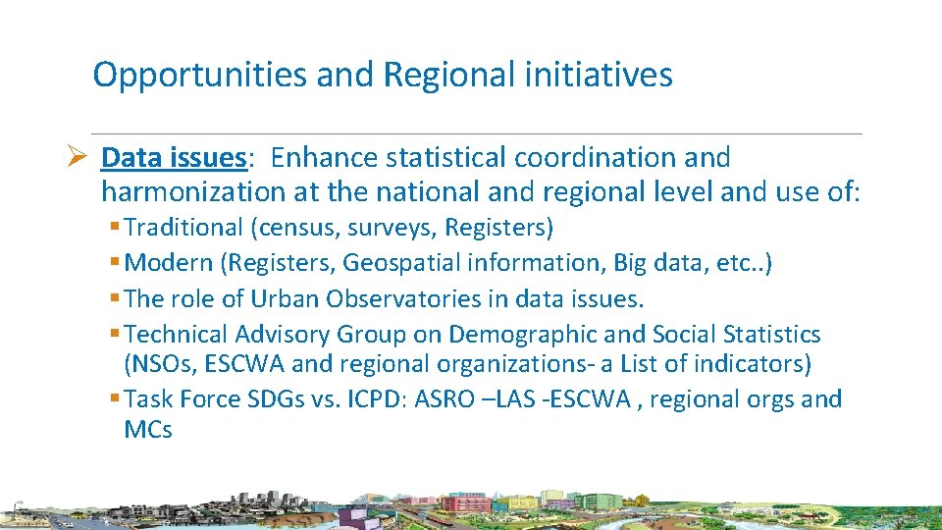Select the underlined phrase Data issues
coord(173,158)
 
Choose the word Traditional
coord(183,229)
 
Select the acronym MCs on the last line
coord(148,430)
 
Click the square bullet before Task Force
coord(115,399)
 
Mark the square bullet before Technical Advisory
coord(115,335)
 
